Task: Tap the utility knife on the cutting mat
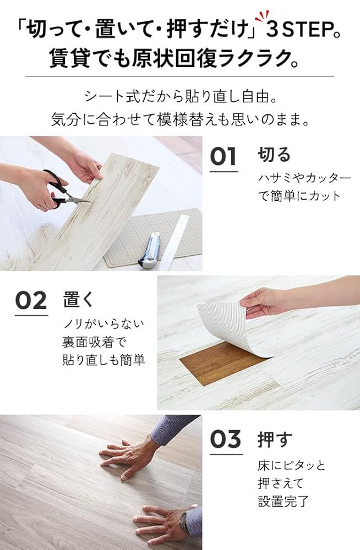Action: tap(149, 250)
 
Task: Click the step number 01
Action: tap(223, 157)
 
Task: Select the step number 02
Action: tap(31, 301)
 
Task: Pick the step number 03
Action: tap(226, 439)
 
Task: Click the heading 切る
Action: tap(274, 155)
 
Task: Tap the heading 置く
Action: tap(78, 299)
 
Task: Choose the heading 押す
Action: tap(275, 439)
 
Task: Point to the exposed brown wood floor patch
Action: tap(220, 363)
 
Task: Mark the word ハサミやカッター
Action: tap(304, 178)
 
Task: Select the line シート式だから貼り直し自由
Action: tap(179, 97)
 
